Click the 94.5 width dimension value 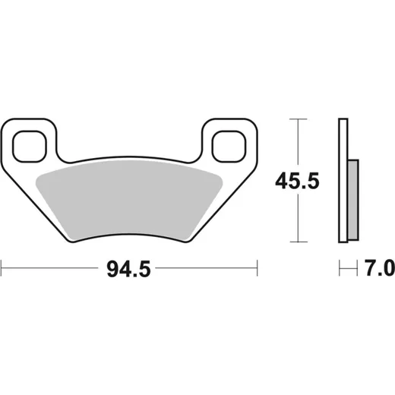(128, 269)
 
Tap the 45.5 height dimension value (297, 182)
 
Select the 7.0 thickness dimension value (380, 268)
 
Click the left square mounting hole (30, 147)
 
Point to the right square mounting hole (229, 147)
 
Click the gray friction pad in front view (129, 200)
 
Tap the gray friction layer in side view (353, 200)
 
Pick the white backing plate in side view (343, 180)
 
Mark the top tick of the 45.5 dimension (299, 118)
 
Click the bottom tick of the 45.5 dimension (299, 242)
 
